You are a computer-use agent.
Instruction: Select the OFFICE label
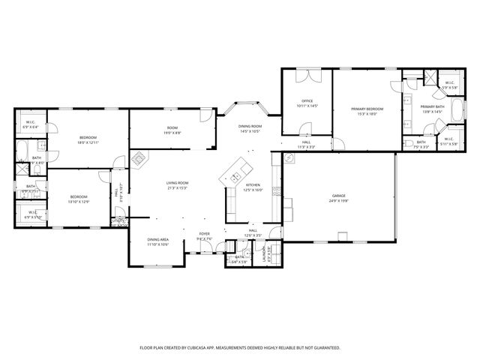point(307,101)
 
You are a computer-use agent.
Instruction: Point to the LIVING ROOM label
point(177,182)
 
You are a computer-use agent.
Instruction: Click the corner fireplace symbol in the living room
point(139,159)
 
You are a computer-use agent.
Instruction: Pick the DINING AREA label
point(157,239)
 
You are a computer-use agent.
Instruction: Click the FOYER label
point(204,234)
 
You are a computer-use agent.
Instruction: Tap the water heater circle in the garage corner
point(288,158)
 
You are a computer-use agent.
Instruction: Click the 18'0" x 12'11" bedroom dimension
point(89,142)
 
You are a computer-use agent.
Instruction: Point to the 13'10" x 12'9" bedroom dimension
point(79,202)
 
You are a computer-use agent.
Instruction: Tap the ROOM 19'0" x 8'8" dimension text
point(172,133)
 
